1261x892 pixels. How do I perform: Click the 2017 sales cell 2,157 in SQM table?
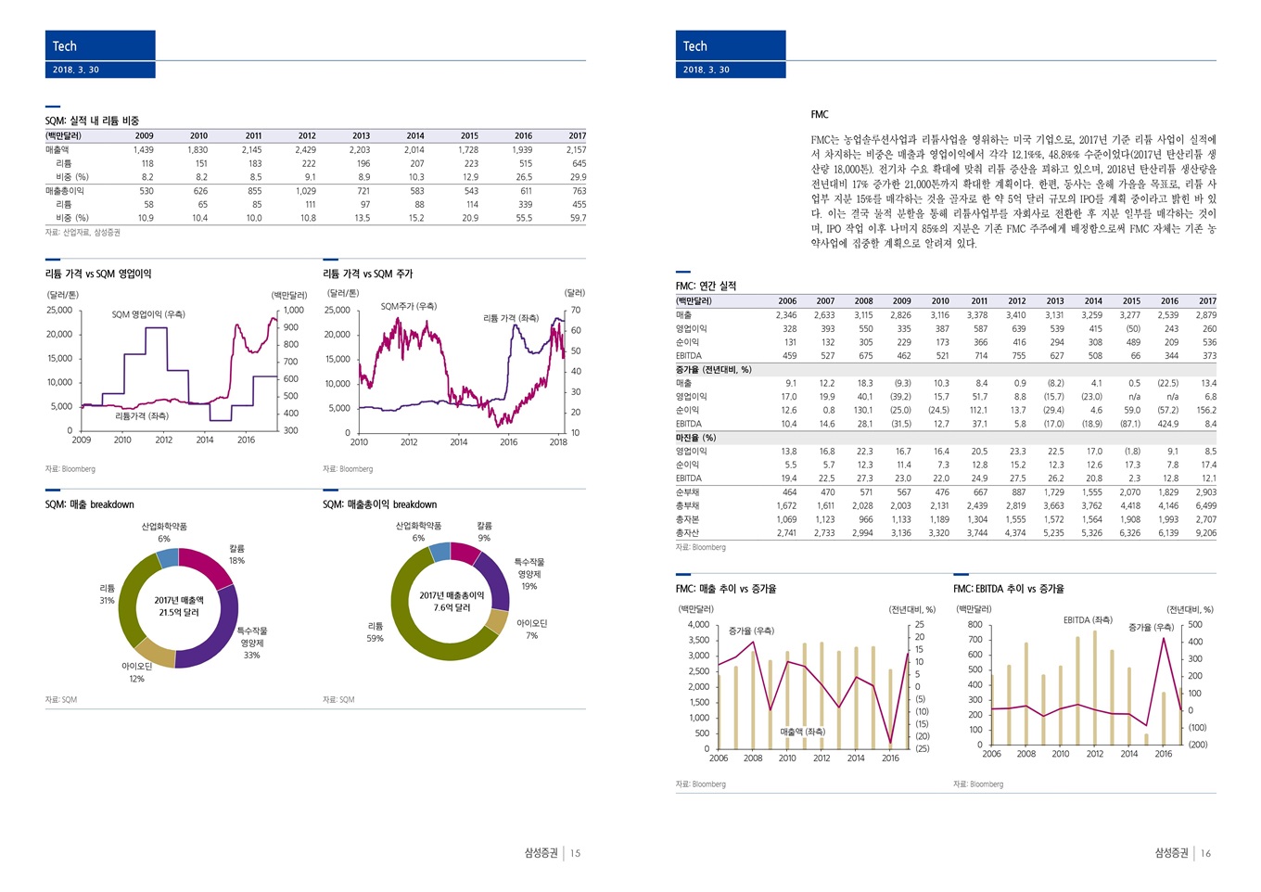(x=576, y=149)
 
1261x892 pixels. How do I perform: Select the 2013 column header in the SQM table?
(x=361, y=135)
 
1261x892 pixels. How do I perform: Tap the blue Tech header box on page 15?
(x=100, y=45)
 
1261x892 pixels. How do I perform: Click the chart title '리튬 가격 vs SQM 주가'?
(x=368, y=274)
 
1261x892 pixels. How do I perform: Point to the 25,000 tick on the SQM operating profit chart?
(x=59, y=310)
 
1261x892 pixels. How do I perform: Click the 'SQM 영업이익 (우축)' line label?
(x=148, y=314)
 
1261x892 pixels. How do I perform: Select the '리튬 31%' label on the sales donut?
(x=107, y=594)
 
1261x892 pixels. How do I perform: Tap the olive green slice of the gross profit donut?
(x=417, y=631)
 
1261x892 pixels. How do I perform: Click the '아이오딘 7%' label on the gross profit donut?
(x=531, y=629)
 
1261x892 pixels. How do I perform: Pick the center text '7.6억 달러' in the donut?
(x=452, y=607)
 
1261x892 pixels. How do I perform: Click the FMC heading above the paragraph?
(x=820, y=115)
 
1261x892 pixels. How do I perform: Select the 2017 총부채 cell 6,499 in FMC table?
(x=1205, y=506)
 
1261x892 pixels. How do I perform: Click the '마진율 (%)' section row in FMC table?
(x=696, y=438)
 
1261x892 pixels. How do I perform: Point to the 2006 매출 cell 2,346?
(x=786, y=315)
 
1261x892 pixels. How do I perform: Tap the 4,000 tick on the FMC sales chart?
(x=698, y=624)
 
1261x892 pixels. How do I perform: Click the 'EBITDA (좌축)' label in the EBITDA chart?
(x=1088, y=619)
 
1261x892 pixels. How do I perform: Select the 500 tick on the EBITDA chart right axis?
(x=1195, y=625)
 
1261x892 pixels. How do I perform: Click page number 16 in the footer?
(x=1205, y=853)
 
